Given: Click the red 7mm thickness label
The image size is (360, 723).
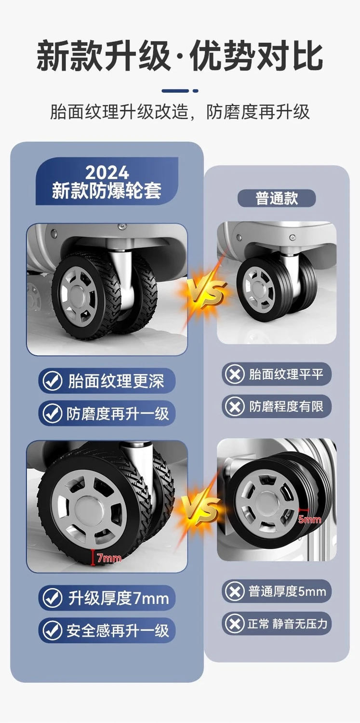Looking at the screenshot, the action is click(x=109, y=558).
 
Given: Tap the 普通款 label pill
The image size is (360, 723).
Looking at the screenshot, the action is click(x=277, y=198).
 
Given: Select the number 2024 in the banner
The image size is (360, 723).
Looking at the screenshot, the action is click(x=107, y=173).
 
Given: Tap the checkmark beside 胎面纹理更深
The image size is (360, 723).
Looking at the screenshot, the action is click(x=52, y=381).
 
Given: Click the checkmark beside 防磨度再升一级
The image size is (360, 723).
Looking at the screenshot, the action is click(x=52, y=413).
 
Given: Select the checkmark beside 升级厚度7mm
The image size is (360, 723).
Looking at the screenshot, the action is click(x=52, y=598).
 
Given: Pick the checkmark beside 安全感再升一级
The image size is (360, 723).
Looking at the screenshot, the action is click(x=52, y=630).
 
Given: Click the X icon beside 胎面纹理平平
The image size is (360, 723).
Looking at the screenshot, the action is click(x=235, y=375).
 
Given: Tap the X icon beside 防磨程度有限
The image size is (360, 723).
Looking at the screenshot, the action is click(x=235, y=406).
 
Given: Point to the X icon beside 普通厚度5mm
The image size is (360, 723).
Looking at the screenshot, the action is click(x=235, y=591).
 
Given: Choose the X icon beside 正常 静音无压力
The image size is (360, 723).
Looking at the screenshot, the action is click(x=235, y=624).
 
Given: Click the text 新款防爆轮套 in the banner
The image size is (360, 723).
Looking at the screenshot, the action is click(x=107, y=190).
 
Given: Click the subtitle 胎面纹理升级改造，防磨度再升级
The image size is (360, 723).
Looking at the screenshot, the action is click(x=180, y=112).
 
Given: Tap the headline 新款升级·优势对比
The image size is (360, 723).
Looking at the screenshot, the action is click(x=180, y=55).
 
